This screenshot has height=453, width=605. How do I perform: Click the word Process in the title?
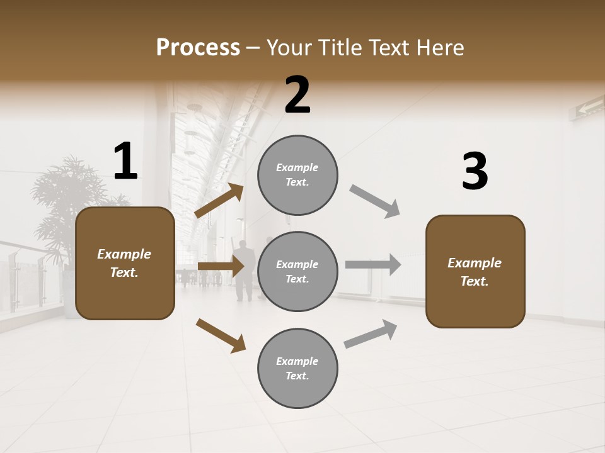pos(198,48)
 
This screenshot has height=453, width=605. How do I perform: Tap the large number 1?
pos(125,162)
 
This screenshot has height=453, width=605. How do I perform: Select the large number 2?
pos(297,95)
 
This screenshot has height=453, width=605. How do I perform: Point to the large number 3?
pos(475,172)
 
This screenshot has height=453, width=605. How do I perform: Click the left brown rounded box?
pos(125,263)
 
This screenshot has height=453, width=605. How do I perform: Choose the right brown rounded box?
pos(475,271)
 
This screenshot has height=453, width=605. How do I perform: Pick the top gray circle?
pos(297,175)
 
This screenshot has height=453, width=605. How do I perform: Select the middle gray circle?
pos(297,271)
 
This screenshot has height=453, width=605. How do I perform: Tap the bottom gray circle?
pos(297,368)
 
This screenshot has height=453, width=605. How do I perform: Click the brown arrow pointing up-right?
pos(219,201)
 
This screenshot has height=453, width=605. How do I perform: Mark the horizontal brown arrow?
pos(221,266)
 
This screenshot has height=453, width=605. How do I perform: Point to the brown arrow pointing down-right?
pos(221,335)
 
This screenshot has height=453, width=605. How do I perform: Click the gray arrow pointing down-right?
pos(375,201)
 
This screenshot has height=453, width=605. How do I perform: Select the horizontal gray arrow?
pos(373,264)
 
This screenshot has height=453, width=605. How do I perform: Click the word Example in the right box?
pos(475,263)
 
